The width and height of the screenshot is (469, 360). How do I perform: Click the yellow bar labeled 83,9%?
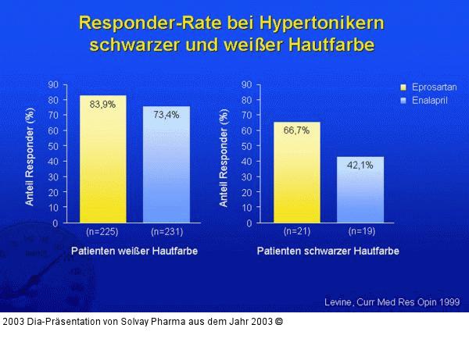102,160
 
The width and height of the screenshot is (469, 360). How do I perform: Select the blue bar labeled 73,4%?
166,166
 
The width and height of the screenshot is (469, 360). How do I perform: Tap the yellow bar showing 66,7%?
296,173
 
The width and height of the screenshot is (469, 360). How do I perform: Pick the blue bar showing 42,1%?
360,191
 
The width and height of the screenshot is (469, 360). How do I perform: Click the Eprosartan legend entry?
428,87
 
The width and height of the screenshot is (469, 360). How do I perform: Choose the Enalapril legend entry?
425,101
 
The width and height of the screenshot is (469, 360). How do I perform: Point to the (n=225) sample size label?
102,232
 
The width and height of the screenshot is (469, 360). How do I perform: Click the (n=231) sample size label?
166,232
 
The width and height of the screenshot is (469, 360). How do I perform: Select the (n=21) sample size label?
296,232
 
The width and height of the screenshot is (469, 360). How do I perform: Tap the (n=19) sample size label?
360,232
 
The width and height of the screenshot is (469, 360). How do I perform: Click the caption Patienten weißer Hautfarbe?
134,251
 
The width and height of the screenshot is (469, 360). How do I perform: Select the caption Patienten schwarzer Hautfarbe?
328,251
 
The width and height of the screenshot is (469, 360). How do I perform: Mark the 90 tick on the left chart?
53,84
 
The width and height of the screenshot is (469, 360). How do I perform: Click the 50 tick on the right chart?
246,146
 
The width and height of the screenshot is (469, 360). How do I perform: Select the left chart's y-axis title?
30,156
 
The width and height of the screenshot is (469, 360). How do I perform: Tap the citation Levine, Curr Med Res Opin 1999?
392,301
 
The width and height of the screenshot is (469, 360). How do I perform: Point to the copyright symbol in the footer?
279,321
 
